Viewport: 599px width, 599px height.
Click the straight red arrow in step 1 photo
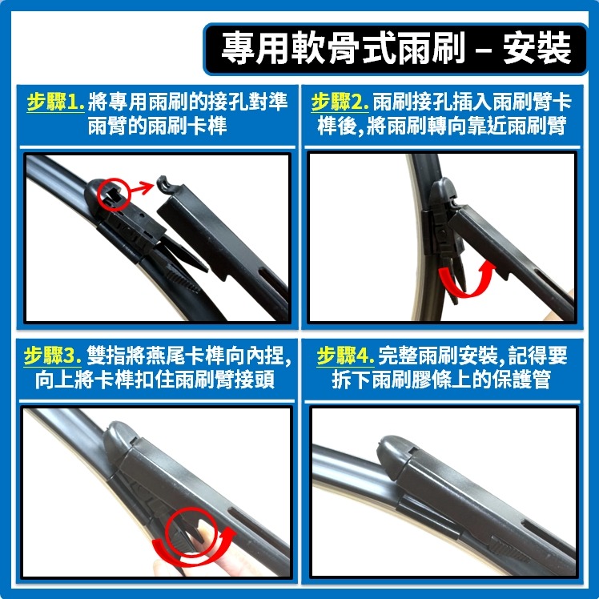tap(145, 187)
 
